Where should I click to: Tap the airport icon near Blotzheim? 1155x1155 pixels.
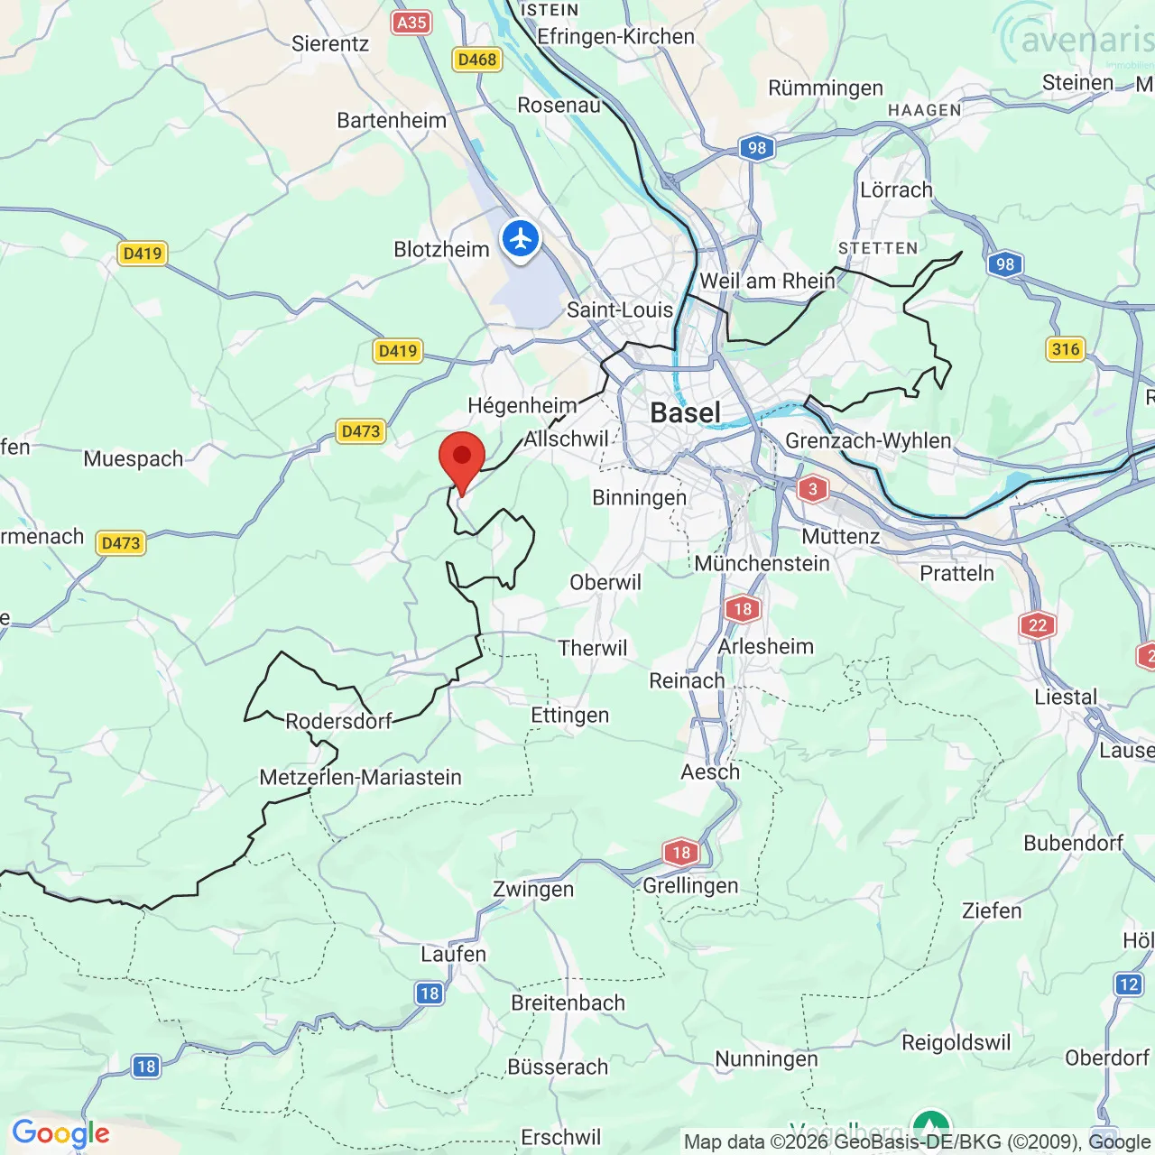521,240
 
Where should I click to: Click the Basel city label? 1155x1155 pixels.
685,413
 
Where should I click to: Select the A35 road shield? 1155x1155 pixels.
411,23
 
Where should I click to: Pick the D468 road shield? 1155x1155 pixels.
476,60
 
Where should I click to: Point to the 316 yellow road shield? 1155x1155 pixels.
1065,349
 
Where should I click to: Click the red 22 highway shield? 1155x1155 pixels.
1038,625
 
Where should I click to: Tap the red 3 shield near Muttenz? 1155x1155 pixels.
812,489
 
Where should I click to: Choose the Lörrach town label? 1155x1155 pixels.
895,190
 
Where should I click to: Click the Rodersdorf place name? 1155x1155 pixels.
338,721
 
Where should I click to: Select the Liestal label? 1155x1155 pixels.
1066,698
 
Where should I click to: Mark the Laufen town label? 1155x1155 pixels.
453,954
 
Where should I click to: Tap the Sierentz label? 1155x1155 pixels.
330,43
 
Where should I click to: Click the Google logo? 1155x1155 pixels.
60,1133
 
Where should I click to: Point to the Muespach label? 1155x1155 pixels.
133,458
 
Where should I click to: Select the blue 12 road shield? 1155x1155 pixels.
1128,984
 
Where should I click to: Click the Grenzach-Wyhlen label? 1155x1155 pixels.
868,440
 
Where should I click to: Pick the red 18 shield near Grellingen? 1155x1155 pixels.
681,852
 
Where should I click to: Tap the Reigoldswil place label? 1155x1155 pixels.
956,1042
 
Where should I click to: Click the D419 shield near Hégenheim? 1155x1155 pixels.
398,351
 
